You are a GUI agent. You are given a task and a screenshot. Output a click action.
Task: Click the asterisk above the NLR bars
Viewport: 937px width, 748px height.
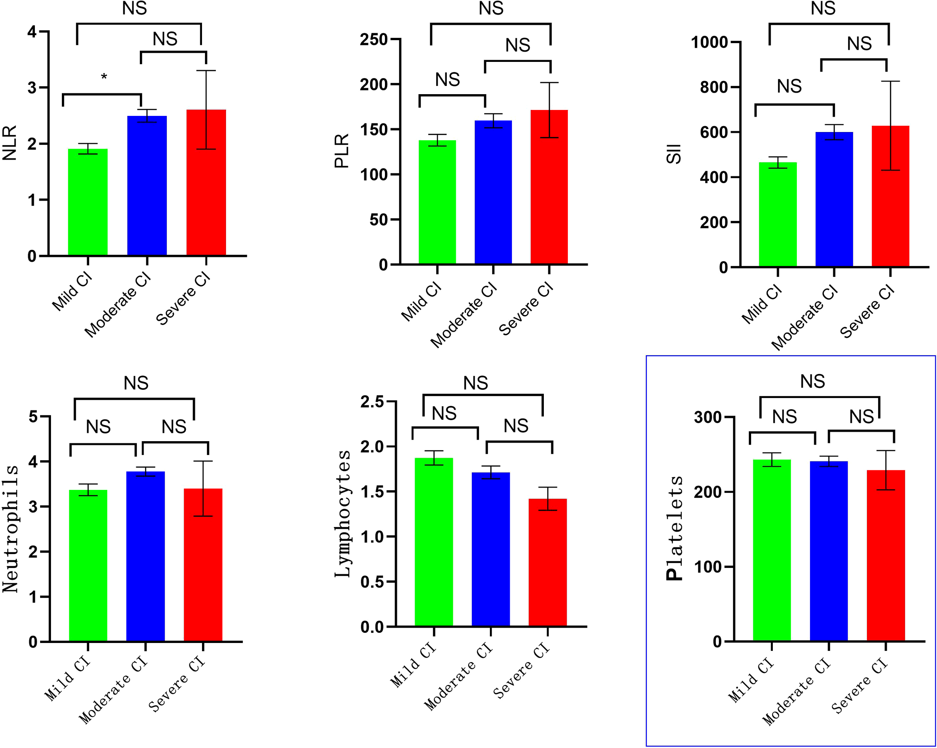coord(104,77)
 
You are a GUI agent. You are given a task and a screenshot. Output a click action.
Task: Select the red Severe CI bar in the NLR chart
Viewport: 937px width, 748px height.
coord(206,183)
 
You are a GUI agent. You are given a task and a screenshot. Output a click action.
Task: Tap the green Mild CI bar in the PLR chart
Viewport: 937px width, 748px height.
coord(437,202)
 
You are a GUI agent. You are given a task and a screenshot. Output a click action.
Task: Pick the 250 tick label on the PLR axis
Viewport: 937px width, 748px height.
coord(373,39)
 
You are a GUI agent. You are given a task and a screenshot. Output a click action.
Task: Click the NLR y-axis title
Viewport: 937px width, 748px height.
coord(10,143)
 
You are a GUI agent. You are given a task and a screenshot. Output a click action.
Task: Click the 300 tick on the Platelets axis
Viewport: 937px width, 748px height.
coord(708,418)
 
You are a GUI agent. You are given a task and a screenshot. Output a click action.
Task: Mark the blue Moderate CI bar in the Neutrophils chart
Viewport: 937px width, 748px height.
coord(145,556)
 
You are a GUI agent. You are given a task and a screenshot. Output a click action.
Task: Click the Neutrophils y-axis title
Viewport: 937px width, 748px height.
coord(10,529)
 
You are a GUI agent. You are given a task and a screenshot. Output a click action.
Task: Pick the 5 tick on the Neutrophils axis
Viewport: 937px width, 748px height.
coord(33,417)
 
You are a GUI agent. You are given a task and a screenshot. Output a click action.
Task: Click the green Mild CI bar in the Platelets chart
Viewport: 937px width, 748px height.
coord(772,550)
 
